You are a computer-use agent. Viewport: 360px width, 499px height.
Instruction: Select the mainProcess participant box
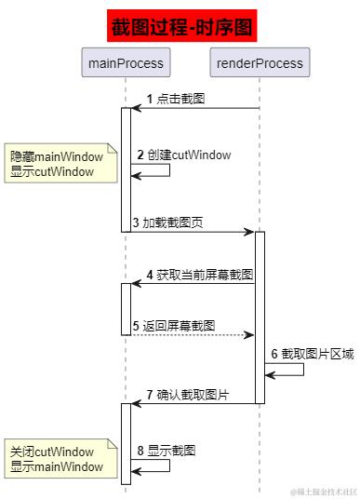click(x=126, y=63)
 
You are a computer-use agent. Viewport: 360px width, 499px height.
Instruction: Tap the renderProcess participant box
click(x=260, y=63)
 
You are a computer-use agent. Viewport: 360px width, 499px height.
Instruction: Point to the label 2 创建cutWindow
click(x=183, y=155)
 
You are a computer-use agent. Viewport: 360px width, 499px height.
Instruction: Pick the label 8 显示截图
click(x=167, y=450)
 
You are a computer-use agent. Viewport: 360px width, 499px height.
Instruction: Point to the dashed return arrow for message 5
click(x=193, y=334)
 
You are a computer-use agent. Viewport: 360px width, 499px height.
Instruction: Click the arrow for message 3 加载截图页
click(x=193, y=231)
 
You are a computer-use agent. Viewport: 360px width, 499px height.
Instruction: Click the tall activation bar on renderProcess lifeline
click(x=260, y=317)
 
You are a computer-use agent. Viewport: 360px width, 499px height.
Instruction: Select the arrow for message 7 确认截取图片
click(x=193, y=404)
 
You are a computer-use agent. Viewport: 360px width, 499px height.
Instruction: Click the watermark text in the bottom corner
click(x=322, y=491)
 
